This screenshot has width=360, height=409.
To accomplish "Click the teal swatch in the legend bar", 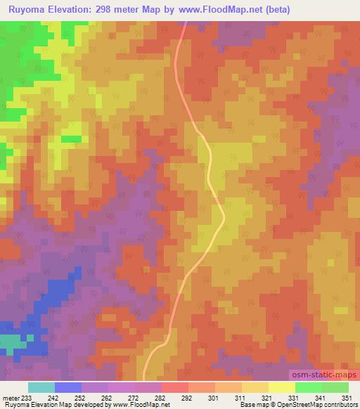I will click(41, 387).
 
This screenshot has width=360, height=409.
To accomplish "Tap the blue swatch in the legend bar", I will click(68, 387).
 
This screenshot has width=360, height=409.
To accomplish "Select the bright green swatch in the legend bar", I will click(308, 387).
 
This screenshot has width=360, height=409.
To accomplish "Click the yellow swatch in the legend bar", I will click(281, 387).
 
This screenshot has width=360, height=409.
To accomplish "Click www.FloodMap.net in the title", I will click(219, 9).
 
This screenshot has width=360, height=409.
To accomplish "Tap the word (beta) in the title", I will click(275, 9).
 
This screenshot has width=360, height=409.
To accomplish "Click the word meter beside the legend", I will click(11, 398).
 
